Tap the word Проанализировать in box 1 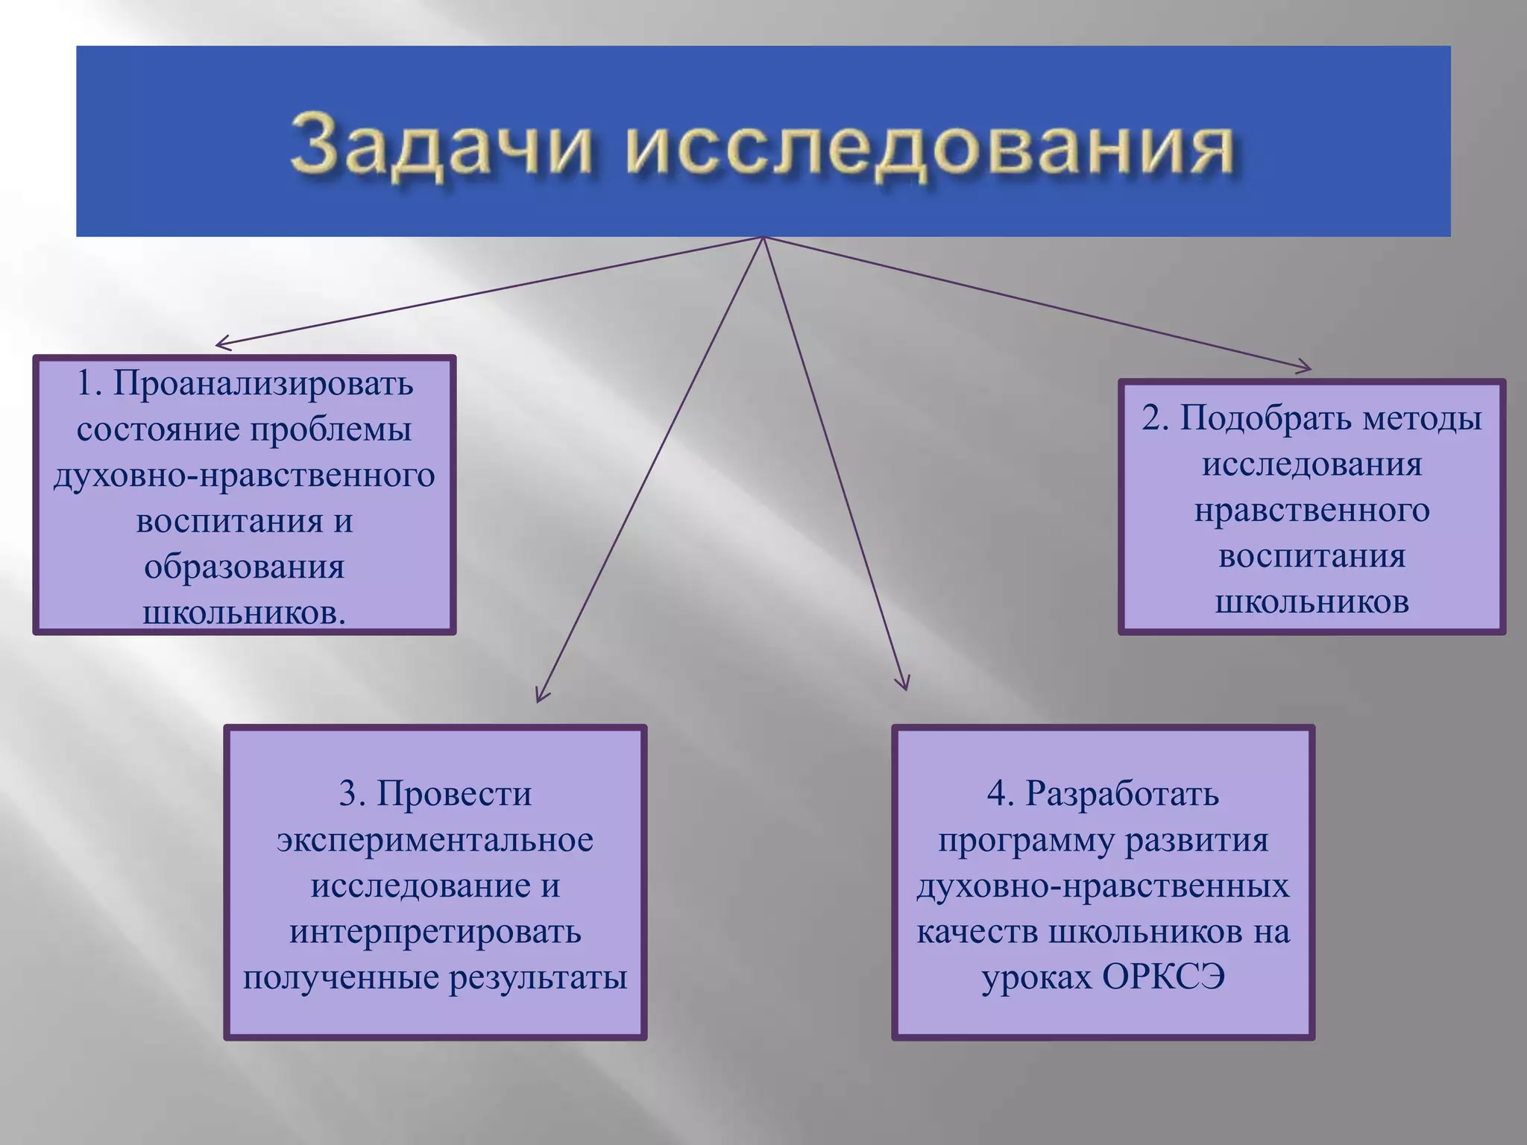[262, 384]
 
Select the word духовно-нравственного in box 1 [244, 476]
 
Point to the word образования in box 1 [244, 567]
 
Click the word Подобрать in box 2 [1267, 418]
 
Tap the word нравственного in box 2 [1312, 511]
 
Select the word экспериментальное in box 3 [435, 840]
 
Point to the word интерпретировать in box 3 [435, 932]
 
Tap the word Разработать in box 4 [1121, 794]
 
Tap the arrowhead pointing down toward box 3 [539, 698]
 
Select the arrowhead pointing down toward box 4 [904, 687]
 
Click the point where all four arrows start [763, 238]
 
